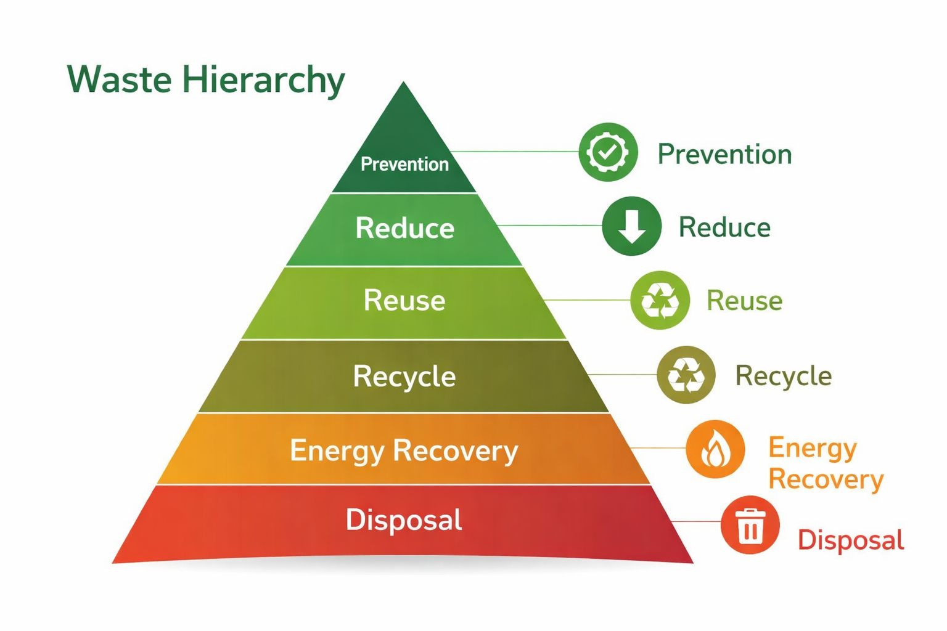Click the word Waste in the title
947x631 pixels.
click(119, 80)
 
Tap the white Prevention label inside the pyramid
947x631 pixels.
click(404, 164)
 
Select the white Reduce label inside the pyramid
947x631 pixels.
click(404, 228)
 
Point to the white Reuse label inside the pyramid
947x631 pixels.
click(404, 301)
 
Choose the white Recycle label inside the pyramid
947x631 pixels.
click(404, 376)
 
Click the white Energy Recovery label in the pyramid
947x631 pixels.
click(404, 451)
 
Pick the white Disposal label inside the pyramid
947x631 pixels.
click(404, 520)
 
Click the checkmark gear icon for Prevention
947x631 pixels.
click(608, 152)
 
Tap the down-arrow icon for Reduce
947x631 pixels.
click(632, 226)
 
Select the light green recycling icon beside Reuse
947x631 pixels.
click(660, 301)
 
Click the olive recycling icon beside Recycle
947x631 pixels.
click(686, 375)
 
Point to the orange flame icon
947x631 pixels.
click(715, 449)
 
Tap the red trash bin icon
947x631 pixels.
click(750, 525)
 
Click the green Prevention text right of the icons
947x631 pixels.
click(724, 154)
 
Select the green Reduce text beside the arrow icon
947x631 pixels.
click(724, 227)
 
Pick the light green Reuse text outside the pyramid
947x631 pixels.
click(744, 301)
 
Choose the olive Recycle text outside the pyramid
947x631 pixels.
click(783, 376)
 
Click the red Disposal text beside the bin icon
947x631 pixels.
click(851, 540)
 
